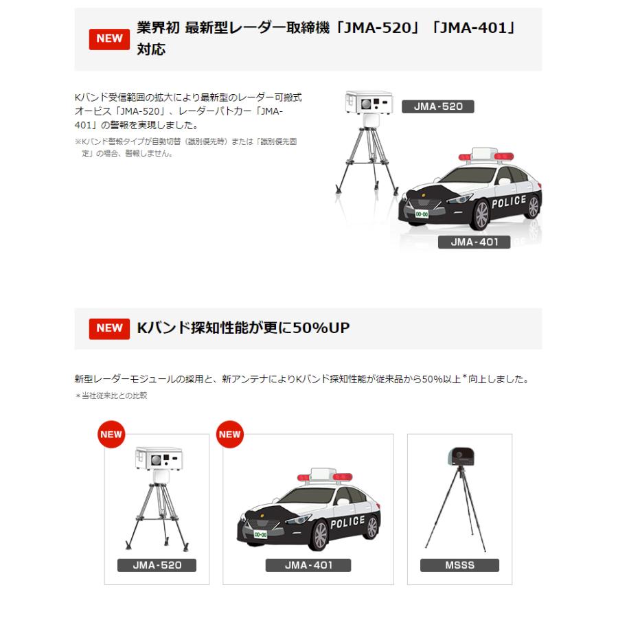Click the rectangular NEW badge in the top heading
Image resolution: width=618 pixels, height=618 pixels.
pos(109,38)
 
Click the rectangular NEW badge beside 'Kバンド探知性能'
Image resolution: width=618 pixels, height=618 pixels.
pos(109,328)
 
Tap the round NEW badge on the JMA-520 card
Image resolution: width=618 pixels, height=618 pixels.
pos(111,434)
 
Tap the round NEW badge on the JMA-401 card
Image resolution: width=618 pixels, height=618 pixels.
pos(229,434)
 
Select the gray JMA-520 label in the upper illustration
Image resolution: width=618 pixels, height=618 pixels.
pos(438,106)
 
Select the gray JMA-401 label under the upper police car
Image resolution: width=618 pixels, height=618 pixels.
pos(474,242)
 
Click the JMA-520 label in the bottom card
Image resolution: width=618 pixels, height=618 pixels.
pos(157,566)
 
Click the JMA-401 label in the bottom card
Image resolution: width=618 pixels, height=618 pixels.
pos(308,566)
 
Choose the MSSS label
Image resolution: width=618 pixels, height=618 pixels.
pos(459,566)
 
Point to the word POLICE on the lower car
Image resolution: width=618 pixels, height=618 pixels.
pos(347,523)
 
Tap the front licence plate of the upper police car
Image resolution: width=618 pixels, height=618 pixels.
pos(421,215)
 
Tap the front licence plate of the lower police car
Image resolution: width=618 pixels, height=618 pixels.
pos(260,534)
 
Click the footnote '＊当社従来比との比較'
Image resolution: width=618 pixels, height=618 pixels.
pos(111,396)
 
